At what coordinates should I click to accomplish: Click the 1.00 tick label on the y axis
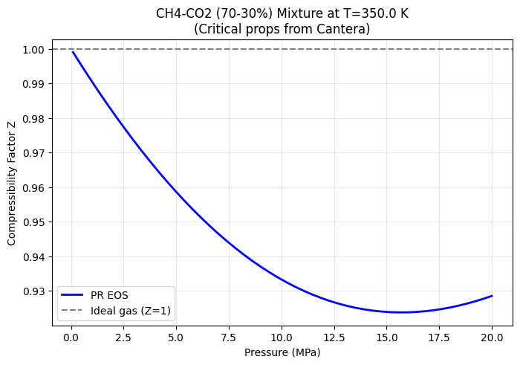tap(33, 50)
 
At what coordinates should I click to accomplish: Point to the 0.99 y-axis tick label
tap(33, 84)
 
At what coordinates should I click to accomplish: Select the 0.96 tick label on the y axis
tap(33, 188)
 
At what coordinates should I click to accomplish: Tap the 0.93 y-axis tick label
tap(33, 291)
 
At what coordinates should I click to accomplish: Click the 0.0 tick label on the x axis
tap(71, 337)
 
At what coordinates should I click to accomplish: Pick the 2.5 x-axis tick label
tap(123, 337)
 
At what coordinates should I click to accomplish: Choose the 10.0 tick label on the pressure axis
tap(282, 337)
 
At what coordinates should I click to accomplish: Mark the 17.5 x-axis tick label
tap(440, 337)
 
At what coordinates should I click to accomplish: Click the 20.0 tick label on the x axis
tap(492, 337)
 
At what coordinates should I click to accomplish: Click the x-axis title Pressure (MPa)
tap(282, 352)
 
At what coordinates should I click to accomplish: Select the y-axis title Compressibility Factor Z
tap(12, 184)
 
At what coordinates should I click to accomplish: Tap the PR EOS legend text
tap(109, 295)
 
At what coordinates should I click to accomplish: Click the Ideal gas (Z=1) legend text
tap(131, 311)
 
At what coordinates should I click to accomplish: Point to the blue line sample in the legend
tap(72, 295)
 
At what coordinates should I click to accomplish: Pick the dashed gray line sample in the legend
tap(72, 311)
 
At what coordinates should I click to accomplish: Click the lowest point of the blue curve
tap(400, 312)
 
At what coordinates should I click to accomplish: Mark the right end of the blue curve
tap(492, 296)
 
